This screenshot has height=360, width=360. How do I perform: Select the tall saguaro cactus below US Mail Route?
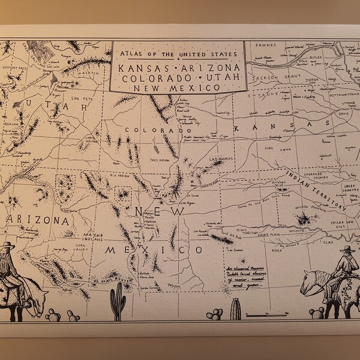(x=119, y=299)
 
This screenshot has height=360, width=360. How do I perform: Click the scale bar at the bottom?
(x=264, y=314)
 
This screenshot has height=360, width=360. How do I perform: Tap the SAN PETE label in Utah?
(x=79, y=98)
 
